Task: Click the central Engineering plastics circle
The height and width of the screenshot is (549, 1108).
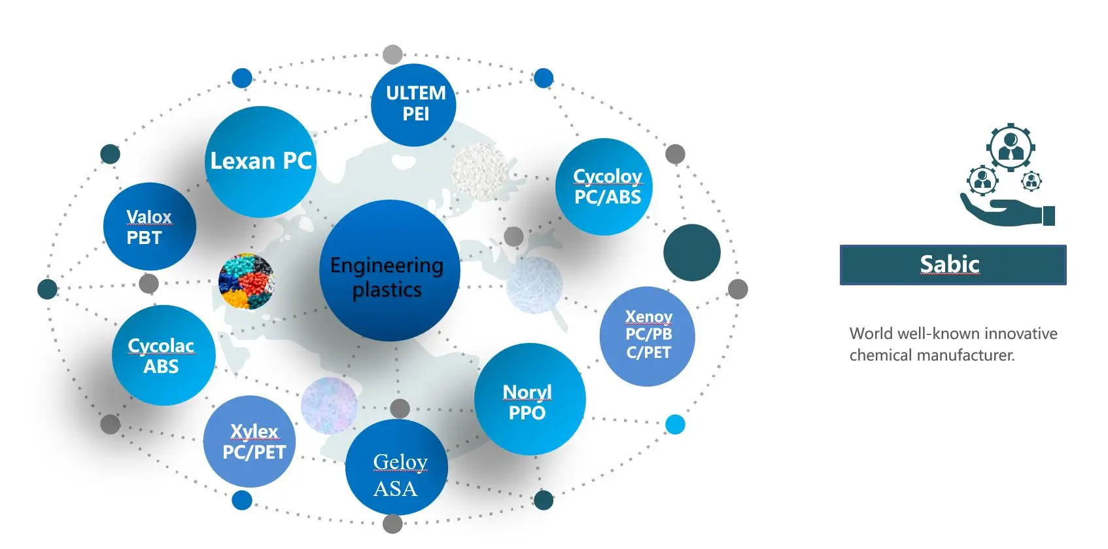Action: (x=389, y=271)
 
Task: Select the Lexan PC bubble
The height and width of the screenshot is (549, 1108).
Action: (x=260, y=161)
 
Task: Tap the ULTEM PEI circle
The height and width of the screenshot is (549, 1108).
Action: (x=413, y=104)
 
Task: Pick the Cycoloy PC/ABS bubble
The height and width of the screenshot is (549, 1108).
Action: (x=604, y=186)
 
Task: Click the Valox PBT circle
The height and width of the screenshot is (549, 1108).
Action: (x=149, y=226)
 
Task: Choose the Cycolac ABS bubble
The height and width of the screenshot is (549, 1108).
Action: (x=163, y=355)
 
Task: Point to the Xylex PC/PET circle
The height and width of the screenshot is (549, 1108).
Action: (x=250, y=441)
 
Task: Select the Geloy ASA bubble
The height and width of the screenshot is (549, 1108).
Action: (x=396, y=467)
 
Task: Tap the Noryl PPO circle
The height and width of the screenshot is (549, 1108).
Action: (x=529, y=399)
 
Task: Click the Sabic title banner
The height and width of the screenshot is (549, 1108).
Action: (x=952, y=264)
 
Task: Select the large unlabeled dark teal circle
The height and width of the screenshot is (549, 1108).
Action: (x=691, y=253)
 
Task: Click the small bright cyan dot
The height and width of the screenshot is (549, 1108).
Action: (x=675, y=425)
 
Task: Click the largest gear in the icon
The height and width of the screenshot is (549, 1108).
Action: (x=1011, y=147)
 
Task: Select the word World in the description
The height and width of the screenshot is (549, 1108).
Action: (x=871, y=334)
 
